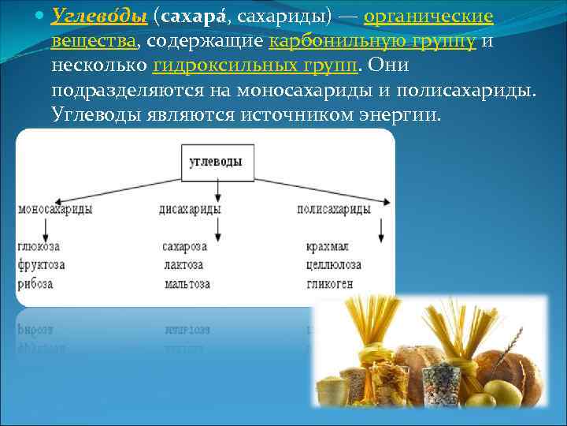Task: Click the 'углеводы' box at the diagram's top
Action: [x=216, y=162]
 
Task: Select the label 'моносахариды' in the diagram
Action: [x=55, y=209]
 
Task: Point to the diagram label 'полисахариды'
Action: [x=334, y=209]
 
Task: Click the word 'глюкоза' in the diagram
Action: [x=38, y=246]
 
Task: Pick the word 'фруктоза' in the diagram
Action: [x=41, y=265]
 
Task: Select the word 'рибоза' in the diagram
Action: [x=35, y=283]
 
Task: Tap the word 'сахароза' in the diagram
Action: [x=185, y=246]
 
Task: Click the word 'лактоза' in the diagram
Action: [x=183, y=265]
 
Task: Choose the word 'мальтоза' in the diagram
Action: [x=187, y=283]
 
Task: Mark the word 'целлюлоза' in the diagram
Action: [x=335, y=265]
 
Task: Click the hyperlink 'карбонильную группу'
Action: [x=372, y=41]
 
